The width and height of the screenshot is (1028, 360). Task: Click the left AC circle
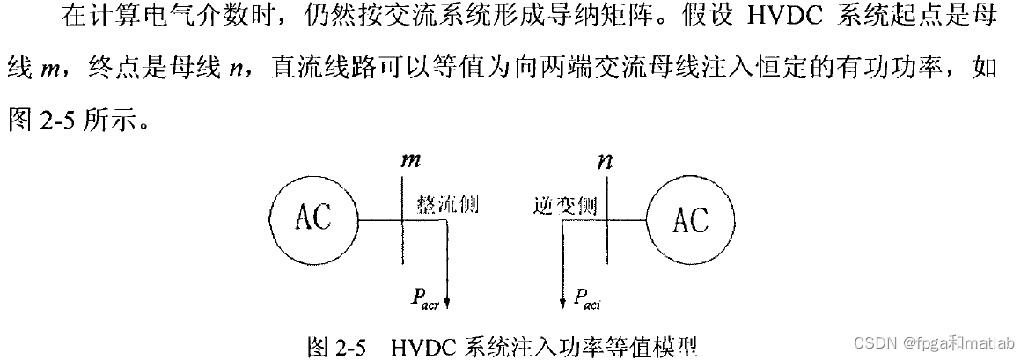point(312,217)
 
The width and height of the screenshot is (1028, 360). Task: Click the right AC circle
point(690,218)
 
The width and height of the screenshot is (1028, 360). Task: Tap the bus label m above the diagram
point(411,161)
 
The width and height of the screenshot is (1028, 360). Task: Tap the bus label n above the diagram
point(606,162)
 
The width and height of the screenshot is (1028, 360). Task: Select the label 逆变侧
point(565,205)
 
